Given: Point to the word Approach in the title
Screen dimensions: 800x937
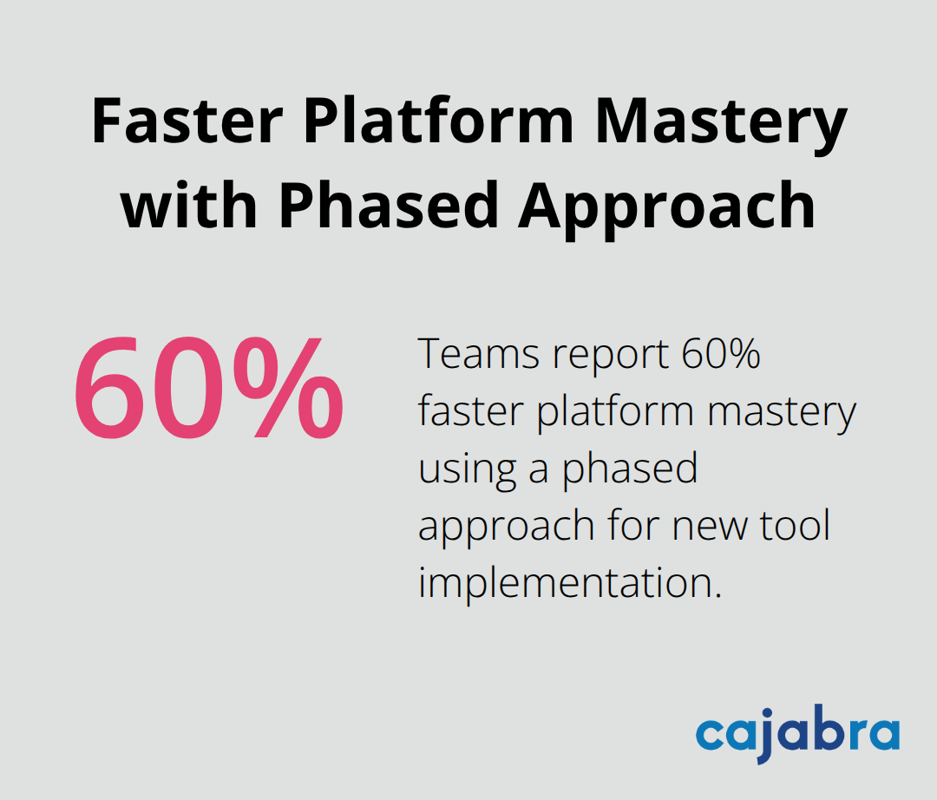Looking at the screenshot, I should pyautogui.click(x=666, y=206).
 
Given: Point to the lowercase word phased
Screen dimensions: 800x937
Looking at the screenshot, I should pyautogui.click(x=629, y=470).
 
